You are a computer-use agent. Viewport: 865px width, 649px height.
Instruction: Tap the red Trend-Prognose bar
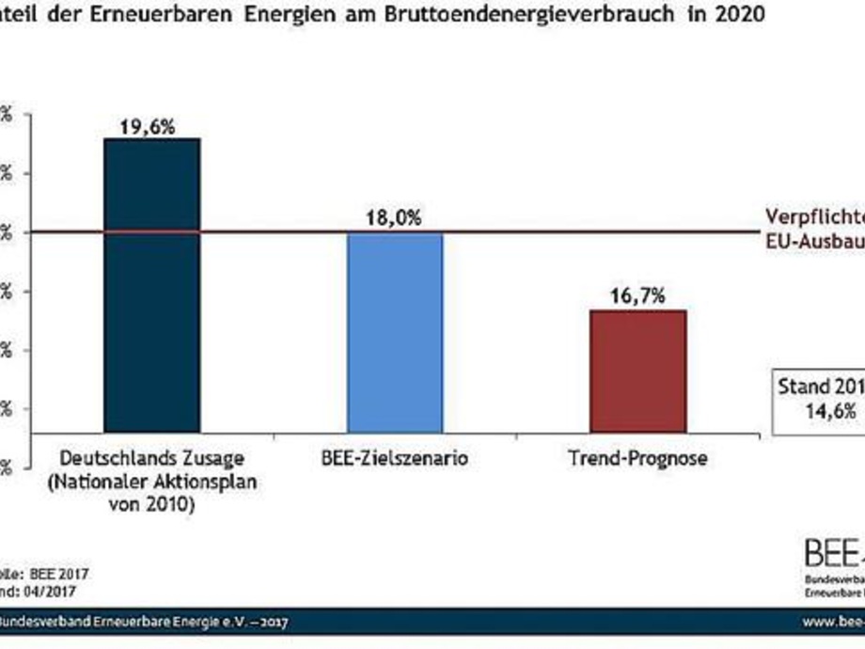point(637,371)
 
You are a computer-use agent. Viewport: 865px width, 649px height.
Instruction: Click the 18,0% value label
point(395,219)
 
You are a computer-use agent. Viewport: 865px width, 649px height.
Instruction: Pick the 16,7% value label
point(638,296)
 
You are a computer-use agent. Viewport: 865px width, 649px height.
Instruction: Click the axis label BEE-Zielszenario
point(394,459)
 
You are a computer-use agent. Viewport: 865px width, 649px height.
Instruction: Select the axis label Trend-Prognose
point(637,459)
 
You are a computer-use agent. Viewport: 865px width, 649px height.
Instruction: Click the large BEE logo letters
point(832,554)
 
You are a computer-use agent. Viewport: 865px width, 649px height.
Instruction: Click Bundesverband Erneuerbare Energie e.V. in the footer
point(113,623)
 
